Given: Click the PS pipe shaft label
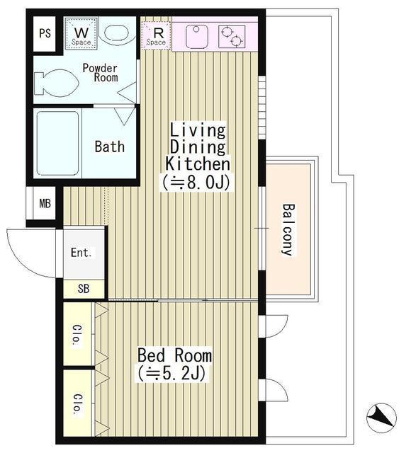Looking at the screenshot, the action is [x=45, y=33].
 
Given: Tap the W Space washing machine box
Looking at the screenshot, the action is [x=81, y=34].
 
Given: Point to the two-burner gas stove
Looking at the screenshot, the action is [x=232, y=36].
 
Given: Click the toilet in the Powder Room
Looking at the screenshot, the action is [x=56, y=84].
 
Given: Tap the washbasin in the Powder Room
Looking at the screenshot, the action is [x=116, y=34].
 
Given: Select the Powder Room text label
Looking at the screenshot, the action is [x=101, y=72].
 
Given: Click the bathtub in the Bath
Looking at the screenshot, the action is [x=58, y=144].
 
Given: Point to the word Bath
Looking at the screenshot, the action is [x=110, y=147].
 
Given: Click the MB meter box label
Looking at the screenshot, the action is [x=45, y=204].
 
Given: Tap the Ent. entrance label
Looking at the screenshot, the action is [x=81, y=253].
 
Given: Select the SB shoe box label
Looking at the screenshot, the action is [x=84, y=289].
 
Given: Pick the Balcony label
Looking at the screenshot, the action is [x=288, y=229].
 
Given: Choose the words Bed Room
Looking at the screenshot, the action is [x=175, y=355].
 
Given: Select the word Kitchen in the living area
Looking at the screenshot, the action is [x=198, y=164].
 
